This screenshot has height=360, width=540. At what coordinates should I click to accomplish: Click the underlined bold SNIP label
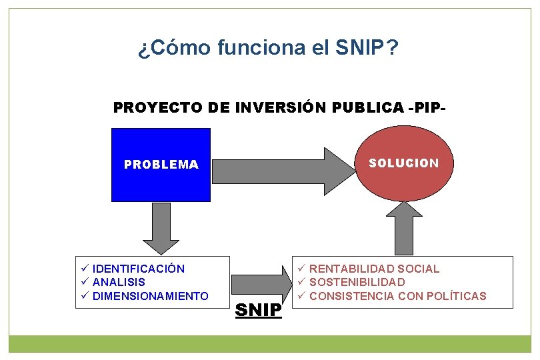259,310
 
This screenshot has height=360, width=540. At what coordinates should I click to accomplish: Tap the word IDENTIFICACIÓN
139,269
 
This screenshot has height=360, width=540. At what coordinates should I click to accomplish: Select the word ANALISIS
119,282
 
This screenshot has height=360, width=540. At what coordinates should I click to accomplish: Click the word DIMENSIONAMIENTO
151,296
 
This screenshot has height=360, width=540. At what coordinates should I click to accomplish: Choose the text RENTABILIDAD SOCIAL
375,269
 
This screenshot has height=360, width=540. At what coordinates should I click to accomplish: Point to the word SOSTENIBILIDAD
357,282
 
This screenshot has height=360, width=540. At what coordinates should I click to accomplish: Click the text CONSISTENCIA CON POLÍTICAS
398,296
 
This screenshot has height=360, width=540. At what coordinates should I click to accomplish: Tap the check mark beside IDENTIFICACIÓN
85,269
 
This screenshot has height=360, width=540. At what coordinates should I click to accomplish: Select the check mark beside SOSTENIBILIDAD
301,282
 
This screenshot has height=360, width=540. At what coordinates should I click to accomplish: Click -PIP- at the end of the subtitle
426,107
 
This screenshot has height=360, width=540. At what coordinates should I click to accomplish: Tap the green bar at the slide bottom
270,343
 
